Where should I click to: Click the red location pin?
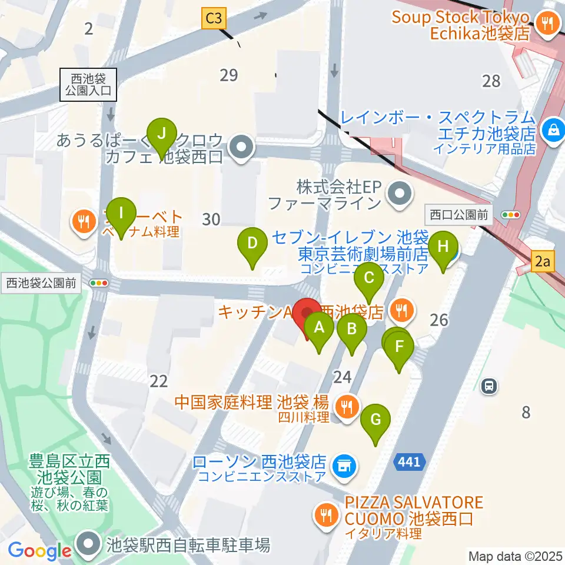(x=307, y=315)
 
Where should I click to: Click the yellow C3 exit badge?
(x=214, y=19)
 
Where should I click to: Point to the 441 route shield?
(x=409, y=462)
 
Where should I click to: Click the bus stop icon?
(x=488, y=387)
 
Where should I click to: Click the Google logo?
(x=40, y=551)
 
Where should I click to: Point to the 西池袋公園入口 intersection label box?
(x=88, y=84)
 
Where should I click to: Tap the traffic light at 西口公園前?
(x=510, y=215)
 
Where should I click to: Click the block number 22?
(x=159, y=381)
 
